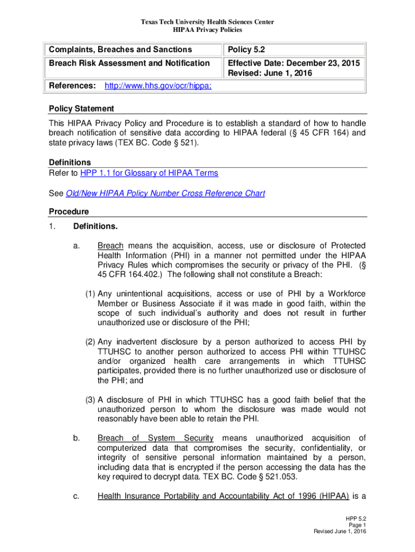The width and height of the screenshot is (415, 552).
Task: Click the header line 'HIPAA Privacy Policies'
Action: pos(207,30)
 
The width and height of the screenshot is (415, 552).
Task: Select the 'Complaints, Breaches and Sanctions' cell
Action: pos(120,50)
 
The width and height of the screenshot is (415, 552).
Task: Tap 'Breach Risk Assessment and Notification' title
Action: pos(129,63)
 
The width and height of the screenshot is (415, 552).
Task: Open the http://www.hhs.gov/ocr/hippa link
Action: pos(150,86)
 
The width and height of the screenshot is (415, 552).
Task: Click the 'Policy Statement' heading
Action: pos(81,108)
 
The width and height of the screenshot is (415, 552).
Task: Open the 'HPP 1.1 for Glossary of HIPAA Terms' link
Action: pos(149,172)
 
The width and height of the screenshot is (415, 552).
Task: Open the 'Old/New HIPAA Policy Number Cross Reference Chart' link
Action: pos(165,193)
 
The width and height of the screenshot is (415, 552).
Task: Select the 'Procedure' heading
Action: pos(69,211)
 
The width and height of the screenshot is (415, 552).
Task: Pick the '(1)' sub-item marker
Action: pos(89,294)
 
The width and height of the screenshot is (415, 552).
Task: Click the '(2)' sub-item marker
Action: pos(89,342)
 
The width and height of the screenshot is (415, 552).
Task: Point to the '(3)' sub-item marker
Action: pos(89,400)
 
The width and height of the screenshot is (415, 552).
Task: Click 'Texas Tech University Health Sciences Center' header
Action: pos(207,22)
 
